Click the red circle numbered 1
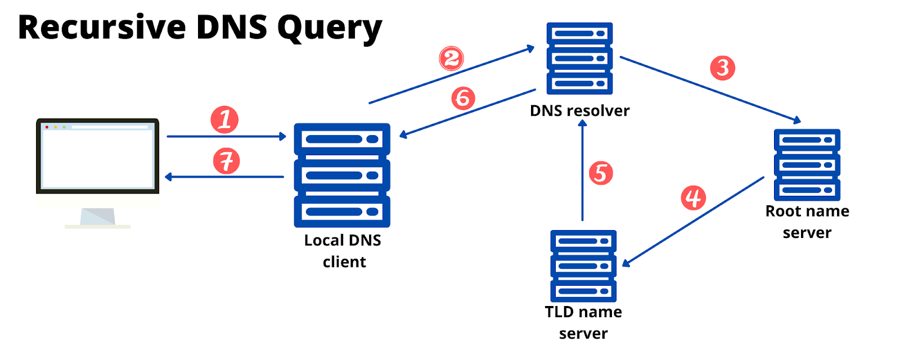(x=224, y=120)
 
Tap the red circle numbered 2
(x=451, y=58)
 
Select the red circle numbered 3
(x=722, y=68)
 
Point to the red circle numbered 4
(x=693, y=197)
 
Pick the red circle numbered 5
(x=600, y=173)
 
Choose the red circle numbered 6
(x=463, y=98)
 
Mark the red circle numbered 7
(x=226, y=161)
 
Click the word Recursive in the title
(x=102, y=27)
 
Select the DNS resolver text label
(x=579, y=111)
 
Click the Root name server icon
(x=807, y=165)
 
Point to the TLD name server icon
(x=583, y=265)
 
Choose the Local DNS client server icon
(x=342, y=175)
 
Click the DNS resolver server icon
(x=579, y=58)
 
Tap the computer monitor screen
(x=98, y=157)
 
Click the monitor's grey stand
(x=98, y=217)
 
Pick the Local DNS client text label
(x=343, y=251)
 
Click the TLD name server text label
(x=583, y=322)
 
